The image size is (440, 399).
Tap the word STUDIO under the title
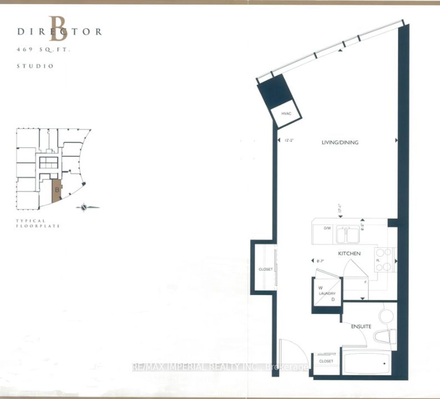35,66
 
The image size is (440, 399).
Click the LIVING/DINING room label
339,142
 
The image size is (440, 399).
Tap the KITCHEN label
349,254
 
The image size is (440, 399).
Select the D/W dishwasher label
327,228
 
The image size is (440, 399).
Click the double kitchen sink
348,234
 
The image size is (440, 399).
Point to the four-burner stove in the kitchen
385,260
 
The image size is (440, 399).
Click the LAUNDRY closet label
327,293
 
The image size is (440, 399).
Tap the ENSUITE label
360,326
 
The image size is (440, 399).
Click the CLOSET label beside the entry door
326,361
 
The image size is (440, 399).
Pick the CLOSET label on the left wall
266,269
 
